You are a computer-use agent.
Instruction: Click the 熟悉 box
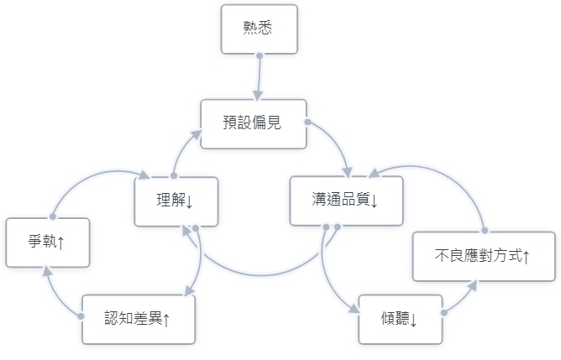(x=259, y=29)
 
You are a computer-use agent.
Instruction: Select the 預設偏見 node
(x=253, y=123)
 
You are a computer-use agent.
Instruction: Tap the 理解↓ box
(x=176, y=201)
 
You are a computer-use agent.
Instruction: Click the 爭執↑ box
(x=47, y=243)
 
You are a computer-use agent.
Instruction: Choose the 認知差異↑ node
(x=138, y=319)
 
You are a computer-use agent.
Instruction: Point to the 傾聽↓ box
(x=400, y=319)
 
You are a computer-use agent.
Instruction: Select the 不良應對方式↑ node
(x=483, y=256)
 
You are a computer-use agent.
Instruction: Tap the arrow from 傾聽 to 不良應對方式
(x=462, y=299)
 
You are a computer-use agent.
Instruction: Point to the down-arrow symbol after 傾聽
(x=414, y=320)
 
